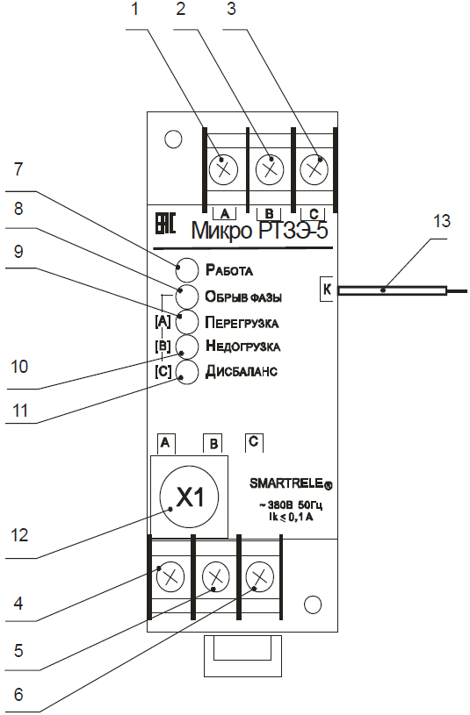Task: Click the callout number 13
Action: click(442, 222)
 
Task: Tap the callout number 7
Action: click(18, 169)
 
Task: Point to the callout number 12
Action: click(19, 535)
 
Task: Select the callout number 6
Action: click(18, 694)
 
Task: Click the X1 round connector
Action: click(189, 497)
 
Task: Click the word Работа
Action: click(229, 270)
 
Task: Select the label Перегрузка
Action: click(242, 322)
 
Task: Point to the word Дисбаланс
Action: click(242, 371)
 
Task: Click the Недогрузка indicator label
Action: click(243, 347)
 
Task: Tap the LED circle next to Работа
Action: click(187, 270)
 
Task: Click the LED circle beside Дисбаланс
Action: click(187, 372)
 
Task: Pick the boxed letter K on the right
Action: click(327, 289)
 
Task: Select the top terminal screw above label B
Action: click(269, 170)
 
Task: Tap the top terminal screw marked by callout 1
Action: click(223, 170)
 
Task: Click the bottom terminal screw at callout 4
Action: click(170, 576)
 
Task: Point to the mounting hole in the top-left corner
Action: click(173, 139)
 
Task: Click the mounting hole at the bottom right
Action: click(313, 604)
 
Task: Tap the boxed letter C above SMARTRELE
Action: click(254, 441)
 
